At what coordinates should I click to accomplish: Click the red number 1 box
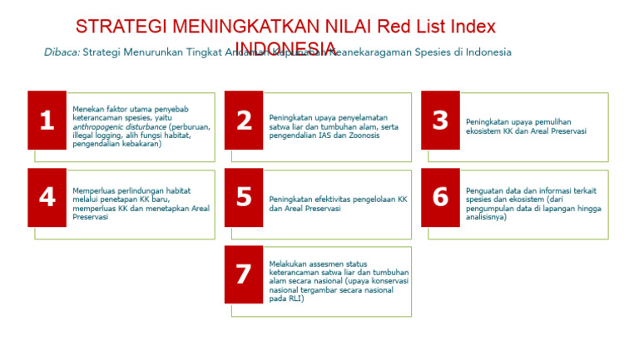[47, 121]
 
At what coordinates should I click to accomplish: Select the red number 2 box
[244, 121]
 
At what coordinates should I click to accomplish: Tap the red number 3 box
[440, 121]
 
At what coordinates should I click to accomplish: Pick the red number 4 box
[47, 197]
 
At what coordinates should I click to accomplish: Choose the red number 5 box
[244, 197]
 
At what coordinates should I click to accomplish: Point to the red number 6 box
[440, 197]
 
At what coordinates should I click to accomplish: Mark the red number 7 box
[244, 274]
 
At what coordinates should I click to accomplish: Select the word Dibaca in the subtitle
[62, 52]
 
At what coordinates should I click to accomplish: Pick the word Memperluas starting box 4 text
[94, 190]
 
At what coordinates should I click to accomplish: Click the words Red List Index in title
[447, 27]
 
